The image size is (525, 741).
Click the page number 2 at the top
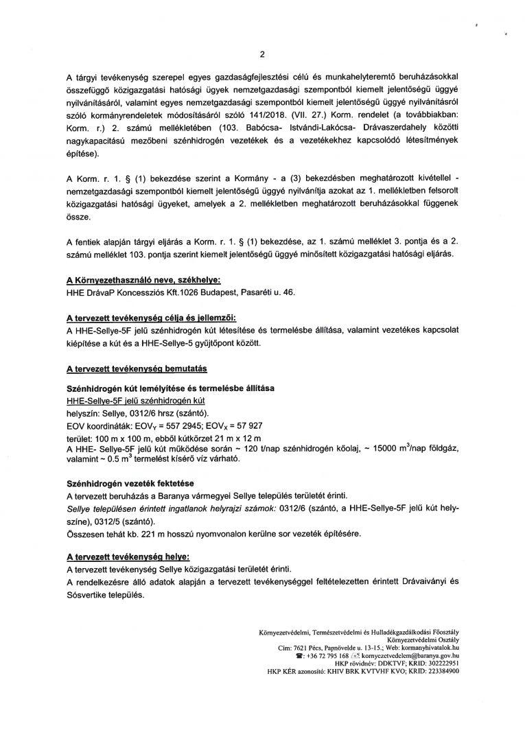click(262, 55)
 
